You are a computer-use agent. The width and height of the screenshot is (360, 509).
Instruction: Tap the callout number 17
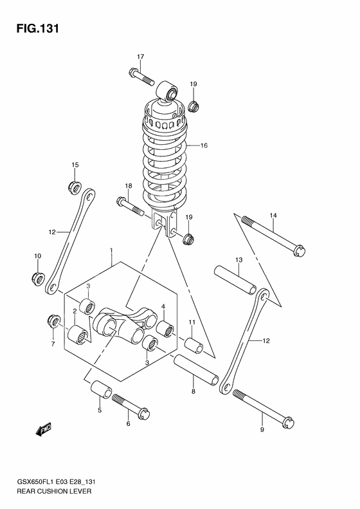coord(140,57)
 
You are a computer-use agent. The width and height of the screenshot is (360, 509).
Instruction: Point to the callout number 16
coord(204,145)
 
